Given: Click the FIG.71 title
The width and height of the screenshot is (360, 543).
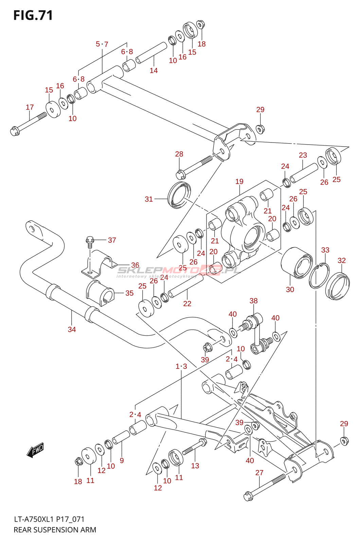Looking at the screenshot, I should click(x=33, y=16).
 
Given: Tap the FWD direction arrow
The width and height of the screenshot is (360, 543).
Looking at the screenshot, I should click(x=35, y=450).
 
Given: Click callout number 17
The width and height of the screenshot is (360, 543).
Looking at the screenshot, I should click(x=30, y=107).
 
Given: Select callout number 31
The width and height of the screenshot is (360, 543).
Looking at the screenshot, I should click(x=149, y=199).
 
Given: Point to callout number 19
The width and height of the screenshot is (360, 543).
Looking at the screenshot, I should click(x=239, y=182).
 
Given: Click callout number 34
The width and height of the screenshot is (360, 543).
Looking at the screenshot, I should click(x=72, y=329).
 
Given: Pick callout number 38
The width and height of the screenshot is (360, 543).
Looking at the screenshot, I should click(x=254, y=301).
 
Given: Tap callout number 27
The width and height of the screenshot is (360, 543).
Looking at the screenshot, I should click(x=259, y=472).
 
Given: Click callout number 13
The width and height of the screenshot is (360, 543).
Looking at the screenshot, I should click(x=195, y=466).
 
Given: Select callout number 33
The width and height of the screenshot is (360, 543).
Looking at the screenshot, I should click(x=325, y=250).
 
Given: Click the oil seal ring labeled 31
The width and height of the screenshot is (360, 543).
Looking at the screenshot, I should click(x=179, y=195).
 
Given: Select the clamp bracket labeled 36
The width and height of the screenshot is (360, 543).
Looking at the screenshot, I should click(x=98, y=263).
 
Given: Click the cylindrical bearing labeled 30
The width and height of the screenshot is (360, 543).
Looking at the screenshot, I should click(x=297, y=263).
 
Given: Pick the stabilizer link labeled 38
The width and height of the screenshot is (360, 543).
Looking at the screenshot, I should click(x=257, y=334).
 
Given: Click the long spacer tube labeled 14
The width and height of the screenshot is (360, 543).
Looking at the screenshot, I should click(x=151, y=53).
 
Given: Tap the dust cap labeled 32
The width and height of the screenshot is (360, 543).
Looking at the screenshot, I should click(x=338, y=286).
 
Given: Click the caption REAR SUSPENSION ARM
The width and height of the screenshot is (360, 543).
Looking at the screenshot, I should click(x=55, y=530).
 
